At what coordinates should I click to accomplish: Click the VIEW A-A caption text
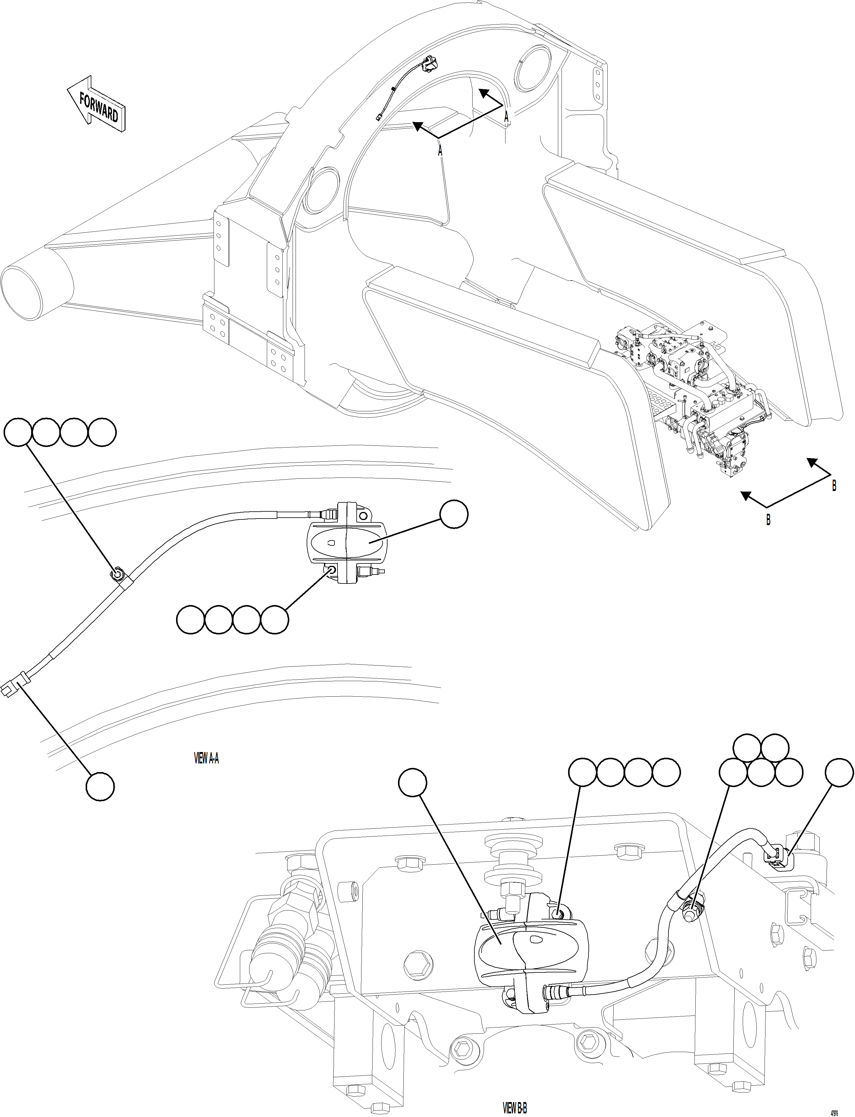[207, 758]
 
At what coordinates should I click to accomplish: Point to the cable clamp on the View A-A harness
[117, 575]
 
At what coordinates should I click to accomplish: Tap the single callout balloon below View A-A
[100, 787]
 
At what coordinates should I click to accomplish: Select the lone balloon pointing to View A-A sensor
[453, 514]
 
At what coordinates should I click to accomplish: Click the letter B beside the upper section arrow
[834, 486]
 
